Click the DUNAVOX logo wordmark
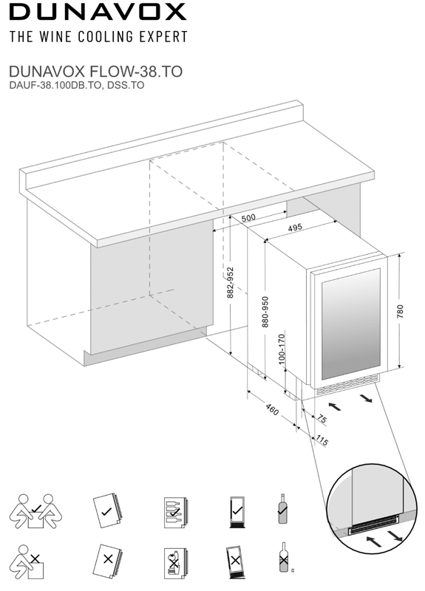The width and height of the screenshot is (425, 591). (98, 12)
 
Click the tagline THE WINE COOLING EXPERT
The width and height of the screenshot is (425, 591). (98, 37)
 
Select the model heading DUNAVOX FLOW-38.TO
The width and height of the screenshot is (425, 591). (96, 71)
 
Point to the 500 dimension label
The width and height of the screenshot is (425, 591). (248, 218)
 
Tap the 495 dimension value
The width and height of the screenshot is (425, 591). (295, 228)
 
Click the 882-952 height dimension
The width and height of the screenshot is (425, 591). (231, 283)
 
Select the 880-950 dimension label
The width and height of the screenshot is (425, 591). (265, 312)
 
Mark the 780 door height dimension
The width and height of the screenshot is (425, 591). (400, 311)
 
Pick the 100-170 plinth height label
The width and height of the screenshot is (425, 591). (282, 349)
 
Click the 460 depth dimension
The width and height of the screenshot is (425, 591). (272, 409)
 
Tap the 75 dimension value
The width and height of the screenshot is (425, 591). (322, 419)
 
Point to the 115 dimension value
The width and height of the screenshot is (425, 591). (322, 440)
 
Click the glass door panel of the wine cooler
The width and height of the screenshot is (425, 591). (350, 324)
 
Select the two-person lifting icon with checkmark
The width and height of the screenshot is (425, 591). (35, 511)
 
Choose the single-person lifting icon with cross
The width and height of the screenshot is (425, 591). (27, 562)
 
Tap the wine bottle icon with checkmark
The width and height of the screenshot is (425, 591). (282, 508)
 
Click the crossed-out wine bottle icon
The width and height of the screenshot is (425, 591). (284, 557)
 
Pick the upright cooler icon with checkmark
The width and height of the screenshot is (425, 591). (237, 512)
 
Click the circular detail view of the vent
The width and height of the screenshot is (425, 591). (372, 508)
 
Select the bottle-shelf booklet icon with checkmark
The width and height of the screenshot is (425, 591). (176, 512)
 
